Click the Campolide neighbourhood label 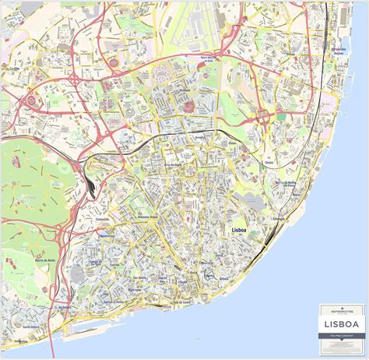tap(102, 221)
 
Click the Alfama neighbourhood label tap(225, 278)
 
